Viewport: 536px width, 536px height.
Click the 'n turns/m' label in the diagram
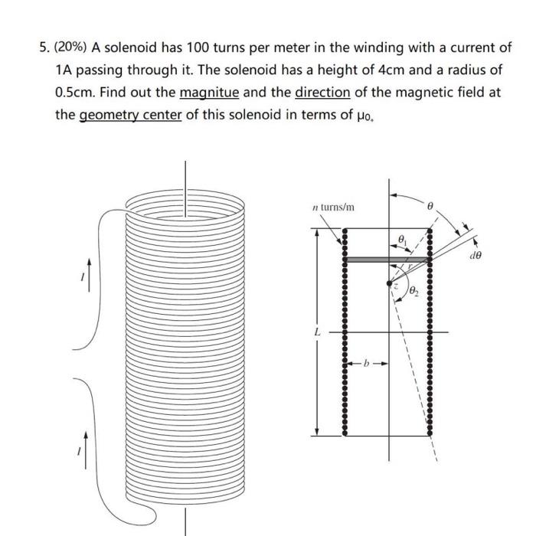pos(334,207)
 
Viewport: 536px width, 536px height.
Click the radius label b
pos(366,364)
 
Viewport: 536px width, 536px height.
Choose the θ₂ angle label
pos(413,290)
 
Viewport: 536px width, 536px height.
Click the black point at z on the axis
pos(390,283)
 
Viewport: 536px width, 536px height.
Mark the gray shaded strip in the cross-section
pos(385,260)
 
